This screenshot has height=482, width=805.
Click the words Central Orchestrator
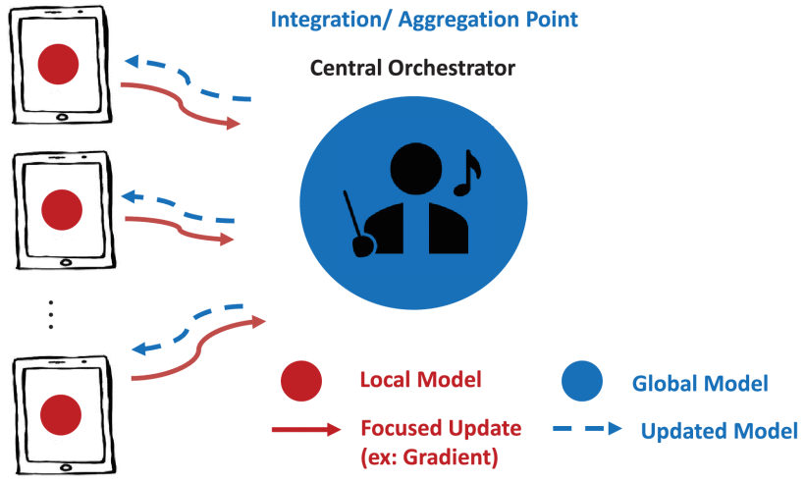click(x=412, y=68)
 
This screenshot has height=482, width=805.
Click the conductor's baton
click(x=355, y=221)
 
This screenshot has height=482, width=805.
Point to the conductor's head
click(x=411, y=165)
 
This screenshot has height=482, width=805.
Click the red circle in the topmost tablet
click(x=58, y=65)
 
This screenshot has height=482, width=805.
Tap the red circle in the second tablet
click(x=59, y=208)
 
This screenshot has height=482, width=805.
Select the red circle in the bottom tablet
click(x=59, y=413)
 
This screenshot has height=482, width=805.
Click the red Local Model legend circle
click(x=300, y=382)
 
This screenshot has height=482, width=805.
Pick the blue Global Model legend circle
click(x=581, y=382)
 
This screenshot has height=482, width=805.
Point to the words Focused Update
click(x=441, y=428)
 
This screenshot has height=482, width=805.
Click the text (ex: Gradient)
click(x=427, y=456)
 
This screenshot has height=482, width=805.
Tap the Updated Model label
click(x=719, y=430)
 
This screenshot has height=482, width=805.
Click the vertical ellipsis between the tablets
click(x=51, y=315)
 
